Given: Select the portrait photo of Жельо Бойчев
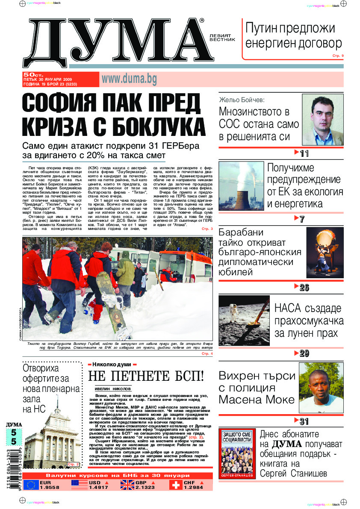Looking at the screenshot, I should [323, 120].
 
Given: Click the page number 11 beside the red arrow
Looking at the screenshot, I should [304, 153].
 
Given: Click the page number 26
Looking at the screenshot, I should [304, 288].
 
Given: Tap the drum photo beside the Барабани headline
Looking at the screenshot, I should [325, 252].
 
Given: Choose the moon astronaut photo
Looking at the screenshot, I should [244, 320].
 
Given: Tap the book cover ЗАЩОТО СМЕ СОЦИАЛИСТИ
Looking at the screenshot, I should [237, 454].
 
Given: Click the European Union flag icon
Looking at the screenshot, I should [31, 485].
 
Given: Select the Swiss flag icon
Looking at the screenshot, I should [176, 485].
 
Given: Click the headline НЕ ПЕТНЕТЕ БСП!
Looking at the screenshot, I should [145, 377].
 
